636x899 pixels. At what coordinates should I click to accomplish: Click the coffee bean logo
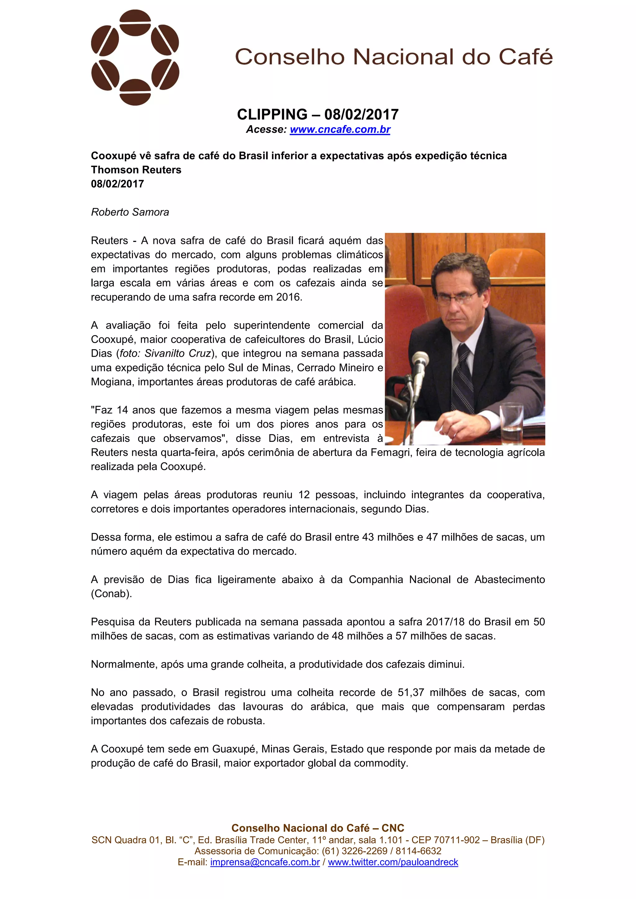tap(135, 57)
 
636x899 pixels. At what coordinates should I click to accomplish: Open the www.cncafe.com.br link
tap(340, 129)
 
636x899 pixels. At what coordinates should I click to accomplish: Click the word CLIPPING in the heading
tap(272, 114)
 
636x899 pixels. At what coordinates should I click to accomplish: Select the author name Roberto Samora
tap(130, 212)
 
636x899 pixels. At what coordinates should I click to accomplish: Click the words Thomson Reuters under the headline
tap(136, 170)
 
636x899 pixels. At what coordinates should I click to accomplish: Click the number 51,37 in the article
tap(411, 693)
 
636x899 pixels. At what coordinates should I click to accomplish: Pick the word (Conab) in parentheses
tap(111, 594)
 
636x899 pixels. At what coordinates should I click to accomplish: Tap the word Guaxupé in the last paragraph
tap(234, 749)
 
